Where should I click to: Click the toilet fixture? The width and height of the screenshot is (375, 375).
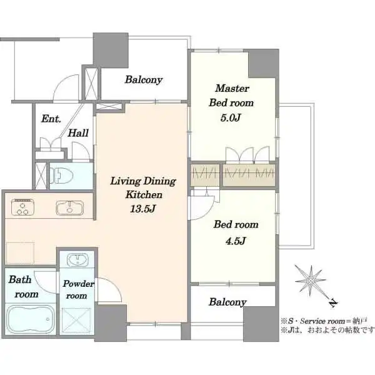click(61, 175)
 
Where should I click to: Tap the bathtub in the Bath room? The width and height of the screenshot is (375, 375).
click(31, 319)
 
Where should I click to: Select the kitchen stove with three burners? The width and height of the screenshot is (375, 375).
click(22, 207)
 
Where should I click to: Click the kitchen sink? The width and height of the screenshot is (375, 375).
click(69, 207)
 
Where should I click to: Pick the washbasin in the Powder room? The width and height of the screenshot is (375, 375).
click(77, 259)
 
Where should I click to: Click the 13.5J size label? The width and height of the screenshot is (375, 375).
click(142, 209)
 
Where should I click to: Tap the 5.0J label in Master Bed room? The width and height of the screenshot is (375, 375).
click(230, 118)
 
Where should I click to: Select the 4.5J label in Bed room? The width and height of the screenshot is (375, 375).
click(236, 241)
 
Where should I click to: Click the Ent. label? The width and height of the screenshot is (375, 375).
click(51, 119)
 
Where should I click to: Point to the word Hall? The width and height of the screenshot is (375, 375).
click(78, 133)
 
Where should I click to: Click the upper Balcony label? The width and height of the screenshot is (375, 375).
click(144, 79)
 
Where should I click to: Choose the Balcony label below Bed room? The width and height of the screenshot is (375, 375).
click(227, 302)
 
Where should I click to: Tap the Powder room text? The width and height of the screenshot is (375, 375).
click(78, 289)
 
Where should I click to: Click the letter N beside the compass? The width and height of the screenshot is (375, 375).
click(333, 303)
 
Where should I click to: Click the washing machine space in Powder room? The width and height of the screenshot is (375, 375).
click(76, 320)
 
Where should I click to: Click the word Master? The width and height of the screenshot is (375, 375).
click(232, 88)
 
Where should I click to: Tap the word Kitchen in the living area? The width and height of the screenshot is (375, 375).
click(144, 195)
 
